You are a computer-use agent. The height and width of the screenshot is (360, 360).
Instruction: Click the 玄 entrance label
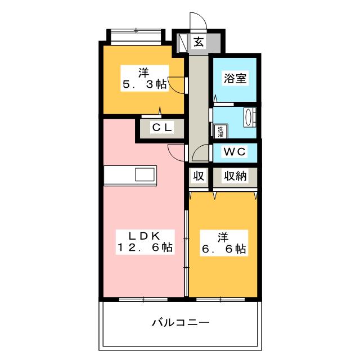click(x=199, y=41)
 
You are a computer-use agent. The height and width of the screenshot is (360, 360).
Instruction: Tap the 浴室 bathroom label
click(x=234, y=79)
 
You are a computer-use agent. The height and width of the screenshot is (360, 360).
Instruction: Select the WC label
click(x=233, y=152)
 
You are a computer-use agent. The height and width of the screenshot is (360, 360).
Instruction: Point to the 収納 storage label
click(x=233, y=177)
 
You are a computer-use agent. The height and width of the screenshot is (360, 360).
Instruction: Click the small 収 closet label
click(x=199, y=177)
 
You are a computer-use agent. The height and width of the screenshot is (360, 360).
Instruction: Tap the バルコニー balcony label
click(x=181, y=323)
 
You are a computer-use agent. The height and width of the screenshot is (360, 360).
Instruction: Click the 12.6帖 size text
click(x=145, y=247)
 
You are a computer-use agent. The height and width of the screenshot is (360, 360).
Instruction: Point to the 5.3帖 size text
click(x=145, y=85)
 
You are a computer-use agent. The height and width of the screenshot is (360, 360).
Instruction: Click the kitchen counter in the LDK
click(x=130, y=175)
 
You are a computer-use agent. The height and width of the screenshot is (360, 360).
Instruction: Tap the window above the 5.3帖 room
click(x=136, y=35)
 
